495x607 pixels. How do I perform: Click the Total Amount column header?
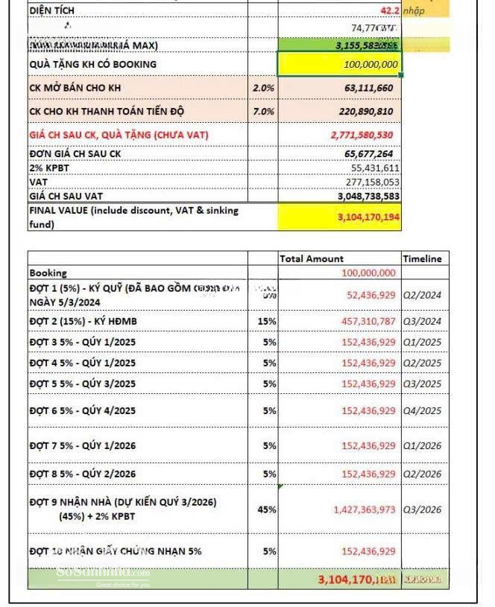[x=312, y=258]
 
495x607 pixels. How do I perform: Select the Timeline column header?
[x=422, y=258]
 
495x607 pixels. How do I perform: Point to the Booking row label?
[x=48, y=273]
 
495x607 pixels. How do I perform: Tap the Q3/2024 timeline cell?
[x=422, y=321]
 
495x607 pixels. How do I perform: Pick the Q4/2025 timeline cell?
[x=422, y=411]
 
